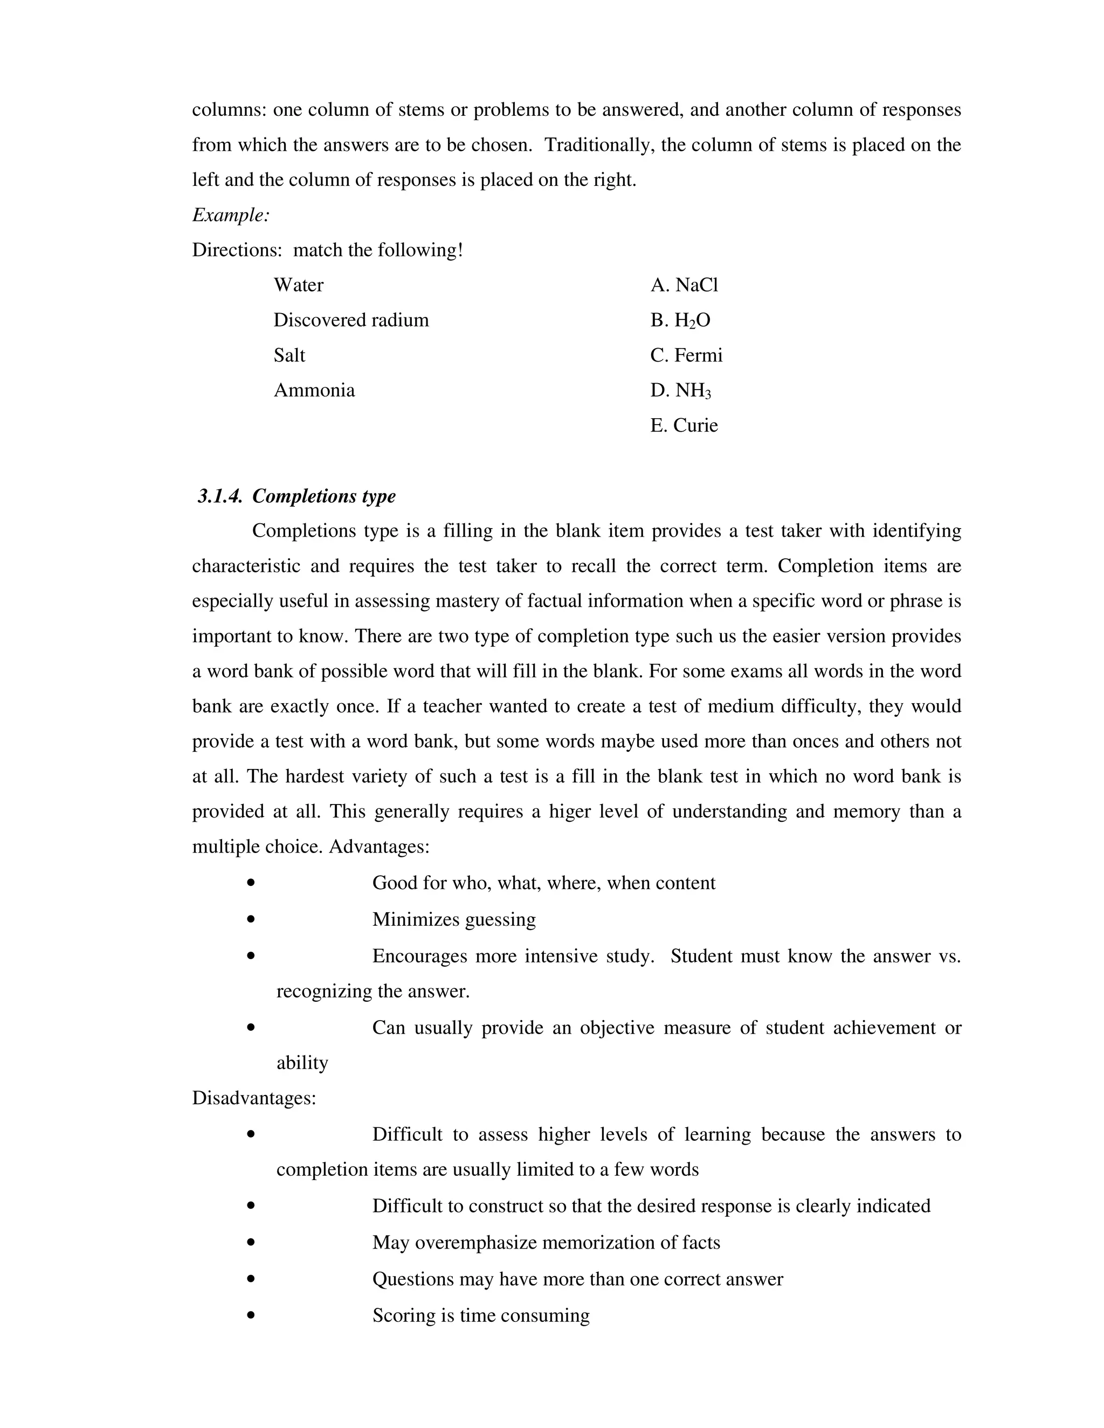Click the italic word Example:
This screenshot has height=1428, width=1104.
tap(230, 215)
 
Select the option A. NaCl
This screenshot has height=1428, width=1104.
tap(684, 285)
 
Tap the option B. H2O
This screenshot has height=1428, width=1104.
tap(680, 321)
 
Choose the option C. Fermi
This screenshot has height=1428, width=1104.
tap(686, 355)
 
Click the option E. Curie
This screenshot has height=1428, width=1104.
tap(684, 426)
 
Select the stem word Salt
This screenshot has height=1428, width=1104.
tap(289, 355)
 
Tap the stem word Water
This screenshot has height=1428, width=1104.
tap(298, 285)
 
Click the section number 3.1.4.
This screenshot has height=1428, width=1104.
tap(220, 496)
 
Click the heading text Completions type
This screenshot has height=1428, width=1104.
tap(324, 496)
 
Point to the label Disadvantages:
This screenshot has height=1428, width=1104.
tap(254, 1098)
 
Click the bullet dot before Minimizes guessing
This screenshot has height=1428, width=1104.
tap(251, 919)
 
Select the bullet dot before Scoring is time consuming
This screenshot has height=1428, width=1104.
tap(251, 1315)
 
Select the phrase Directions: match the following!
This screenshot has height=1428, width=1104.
tap(327, 251)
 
